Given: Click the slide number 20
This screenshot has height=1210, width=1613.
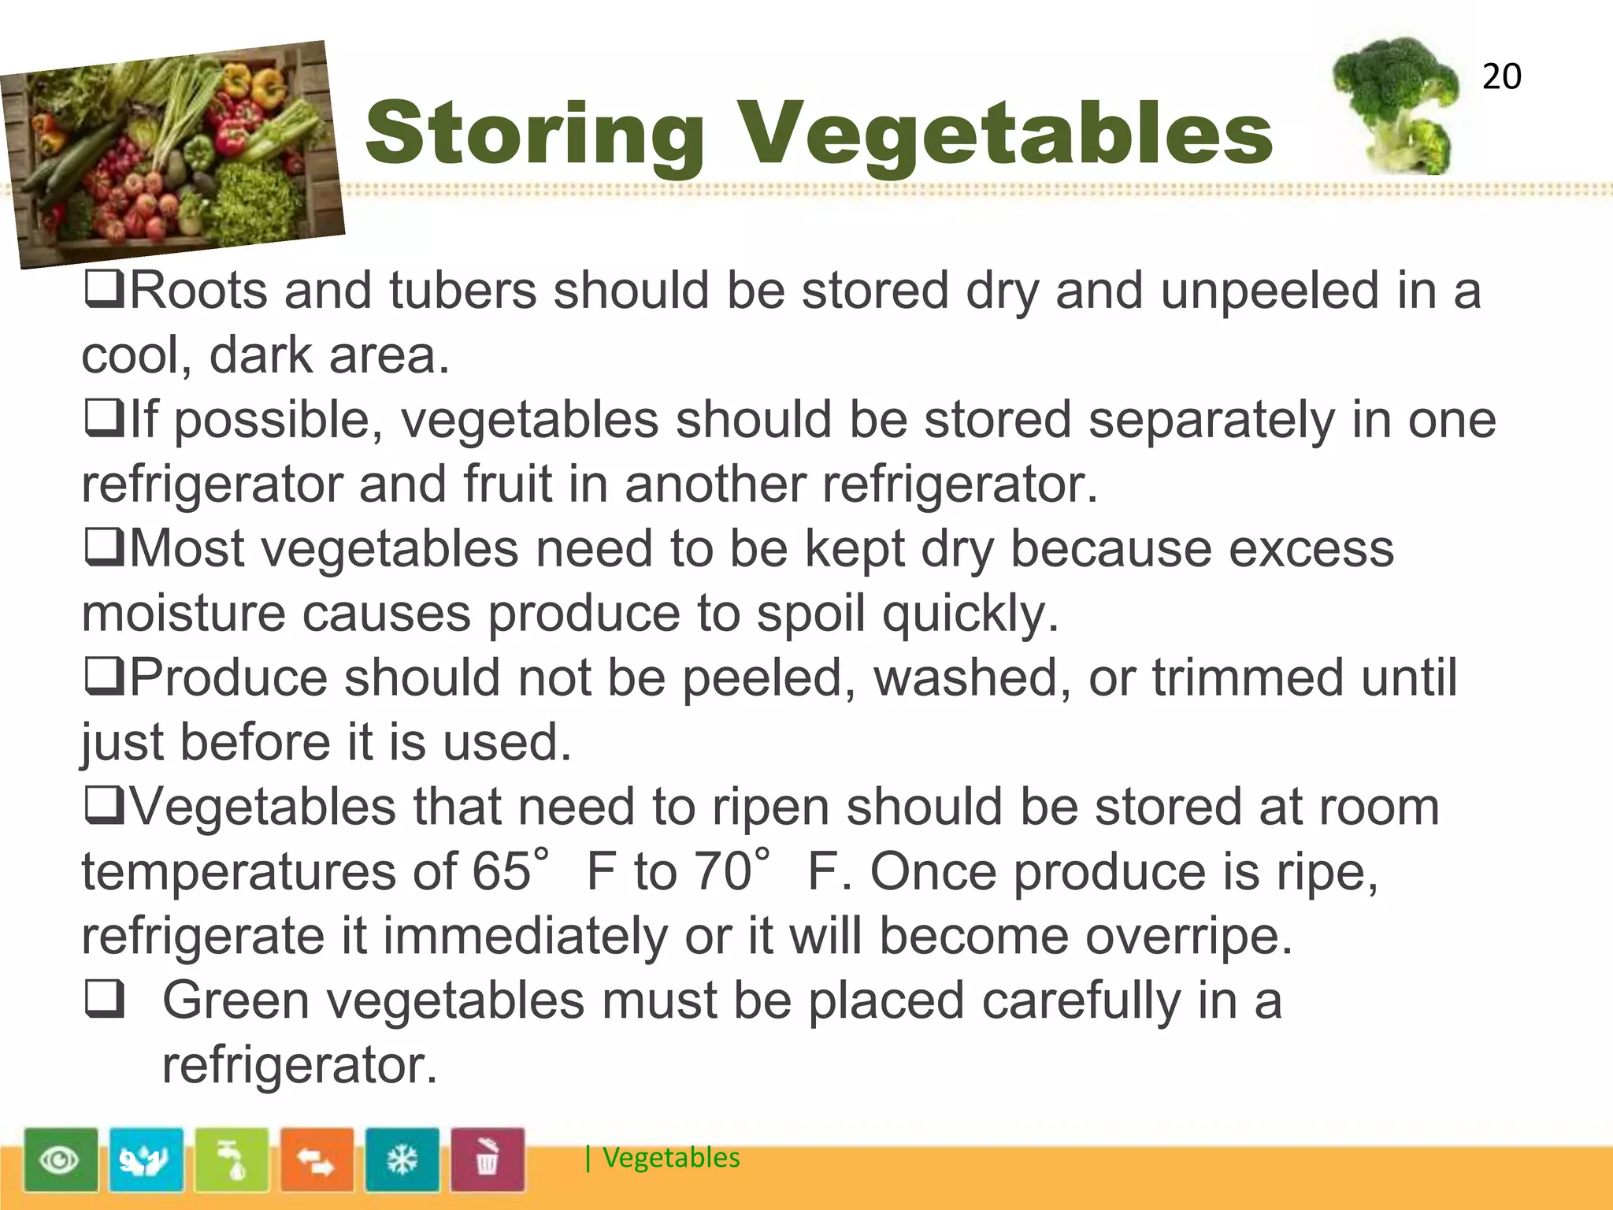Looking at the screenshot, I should click(x=1501, y=76).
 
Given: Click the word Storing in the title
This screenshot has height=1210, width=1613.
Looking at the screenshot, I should click(x=535, y=133).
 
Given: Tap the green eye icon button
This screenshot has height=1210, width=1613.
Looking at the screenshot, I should click(x=61, y=1160).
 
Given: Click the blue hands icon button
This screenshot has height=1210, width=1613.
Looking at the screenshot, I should click(x=146, y=1160).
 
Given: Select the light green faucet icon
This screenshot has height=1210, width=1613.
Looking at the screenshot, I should click(x=232, y=1160).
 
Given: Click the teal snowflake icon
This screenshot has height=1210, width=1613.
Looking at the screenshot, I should click(x=402, y=1160).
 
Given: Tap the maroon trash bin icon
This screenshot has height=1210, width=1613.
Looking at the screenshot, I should click(x=487, y=1160).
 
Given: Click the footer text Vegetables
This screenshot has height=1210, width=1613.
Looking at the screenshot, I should click(x=671, y=1157).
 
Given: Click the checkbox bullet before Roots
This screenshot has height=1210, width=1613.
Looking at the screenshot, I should click(x=104, y=289).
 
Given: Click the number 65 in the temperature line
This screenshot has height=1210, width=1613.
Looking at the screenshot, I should click(x=501, y=871).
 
